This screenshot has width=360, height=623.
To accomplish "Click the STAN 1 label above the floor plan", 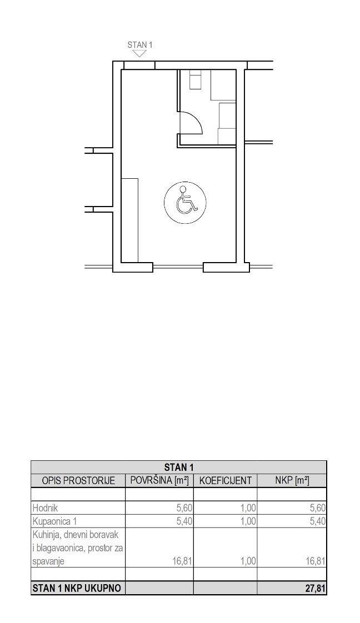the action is pyautogui.click(x=140, y=45).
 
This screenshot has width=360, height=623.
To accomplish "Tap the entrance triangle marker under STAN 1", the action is pyautogui.click(x=139, y=53).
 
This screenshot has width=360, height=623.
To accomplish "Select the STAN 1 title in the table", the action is pyautogui.click(x=179, y=467).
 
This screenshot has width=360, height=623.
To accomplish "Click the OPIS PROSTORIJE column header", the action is pyautogui.click(x=78, y=480).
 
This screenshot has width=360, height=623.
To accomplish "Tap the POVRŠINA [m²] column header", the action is pyautogui.click(x=159, y=480).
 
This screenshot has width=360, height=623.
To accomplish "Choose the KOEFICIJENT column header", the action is pyautogui.click(x=226, y=480).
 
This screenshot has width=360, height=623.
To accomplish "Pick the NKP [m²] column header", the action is pyautogui.click(x=292, y=480).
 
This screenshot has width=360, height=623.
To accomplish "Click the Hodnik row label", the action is pyautogui.click(x=46, y=508).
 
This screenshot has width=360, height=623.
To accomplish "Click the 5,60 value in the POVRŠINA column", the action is pyautogui.click(x=184, y=508).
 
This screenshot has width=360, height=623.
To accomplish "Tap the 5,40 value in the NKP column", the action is pyautogui.click(x=317, y=521).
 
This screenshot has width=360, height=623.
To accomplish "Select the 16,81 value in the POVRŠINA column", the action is pyautogui.click(x=182, y=561).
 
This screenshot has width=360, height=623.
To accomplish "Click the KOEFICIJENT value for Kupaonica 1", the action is pyautogui.click(x=248, y=521).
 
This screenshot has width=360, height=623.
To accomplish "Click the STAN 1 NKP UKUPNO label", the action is pyautogui.click(x=76, y=588).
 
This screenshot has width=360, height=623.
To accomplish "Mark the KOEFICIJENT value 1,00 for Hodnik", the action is pyautogui.click(x=248, y=508).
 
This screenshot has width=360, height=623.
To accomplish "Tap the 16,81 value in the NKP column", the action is pyautogui.click(x=316, y=561).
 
